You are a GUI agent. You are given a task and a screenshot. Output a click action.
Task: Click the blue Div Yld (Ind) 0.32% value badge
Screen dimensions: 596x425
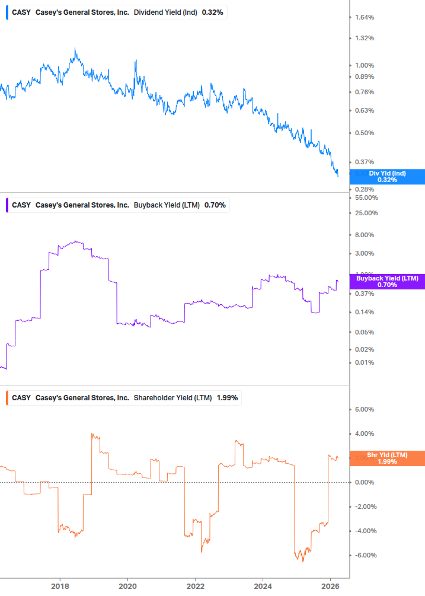(x=387, y=176)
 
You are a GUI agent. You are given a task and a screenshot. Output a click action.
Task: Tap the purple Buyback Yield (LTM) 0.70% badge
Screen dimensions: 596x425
(x=387, y=281)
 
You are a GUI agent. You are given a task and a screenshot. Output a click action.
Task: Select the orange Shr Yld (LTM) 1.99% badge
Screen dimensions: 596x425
(x=387, y=458)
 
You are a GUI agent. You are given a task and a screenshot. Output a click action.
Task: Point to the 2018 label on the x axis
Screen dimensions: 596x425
(x=60, y=587)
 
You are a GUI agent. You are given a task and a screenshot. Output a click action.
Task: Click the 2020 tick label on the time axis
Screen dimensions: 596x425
(x=127, y=587)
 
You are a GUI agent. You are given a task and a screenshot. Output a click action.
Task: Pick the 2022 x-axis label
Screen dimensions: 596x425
(x=195, y=587)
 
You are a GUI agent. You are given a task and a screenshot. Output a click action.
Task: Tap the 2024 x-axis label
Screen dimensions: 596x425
(x=263, y=587)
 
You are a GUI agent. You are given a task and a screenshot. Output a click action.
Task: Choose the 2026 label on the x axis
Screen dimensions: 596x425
(x=330, y=587)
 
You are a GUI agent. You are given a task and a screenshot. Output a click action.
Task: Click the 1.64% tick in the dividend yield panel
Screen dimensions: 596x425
(x=364, y=17)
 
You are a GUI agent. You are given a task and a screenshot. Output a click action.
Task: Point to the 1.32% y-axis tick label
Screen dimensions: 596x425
(x=364, y=39)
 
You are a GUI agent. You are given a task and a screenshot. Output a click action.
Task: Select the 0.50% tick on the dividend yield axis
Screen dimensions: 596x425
(x=364, y=133)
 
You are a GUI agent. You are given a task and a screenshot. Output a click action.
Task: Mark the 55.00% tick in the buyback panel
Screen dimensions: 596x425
(x=366, y=197)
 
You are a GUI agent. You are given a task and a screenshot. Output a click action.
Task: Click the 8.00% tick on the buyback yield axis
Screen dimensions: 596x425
(x=364, y=235)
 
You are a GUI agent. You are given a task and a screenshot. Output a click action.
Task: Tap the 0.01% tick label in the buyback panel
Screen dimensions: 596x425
(x=364, y=363)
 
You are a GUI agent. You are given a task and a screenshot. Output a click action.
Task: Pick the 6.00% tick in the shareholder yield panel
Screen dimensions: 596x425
(x=364, y=409)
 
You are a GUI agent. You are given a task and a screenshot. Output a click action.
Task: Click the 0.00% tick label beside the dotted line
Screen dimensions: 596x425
(x=364, y=482)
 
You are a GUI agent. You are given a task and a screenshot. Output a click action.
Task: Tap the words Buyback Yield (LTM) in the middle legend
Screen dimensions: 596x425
(x=166, y=205)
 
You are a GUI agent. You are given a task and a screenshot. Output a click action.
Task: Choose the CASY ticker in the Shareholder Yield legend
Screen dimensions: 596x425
(x=21, y=398)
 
